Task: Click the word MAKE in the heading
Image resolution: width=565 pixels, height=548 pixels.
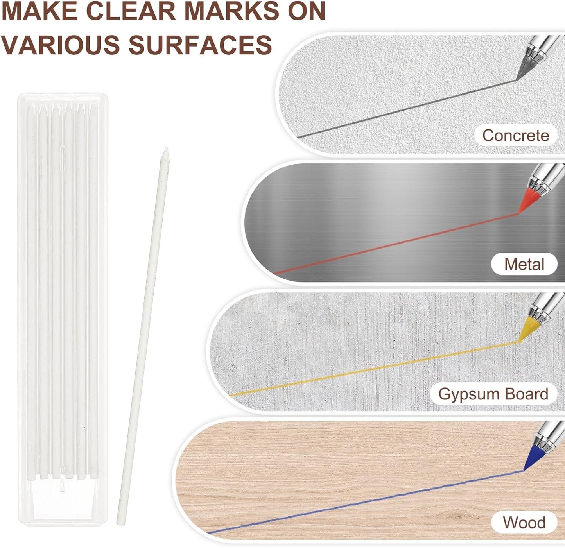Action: point(40,11)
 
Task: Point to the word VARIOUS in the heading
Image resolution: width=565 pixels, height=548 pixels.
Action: point(61,44)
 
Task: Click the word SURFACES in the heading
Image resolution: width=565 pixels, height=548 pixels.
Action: point(200,44)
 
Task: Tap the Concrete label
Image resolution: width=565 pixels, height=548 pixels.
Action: point(516,135)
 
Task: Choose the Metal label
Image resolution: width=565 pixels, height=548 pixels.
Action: point(524,264)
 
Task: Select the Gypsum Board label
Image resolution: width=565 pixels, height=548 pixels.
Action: point(493,394)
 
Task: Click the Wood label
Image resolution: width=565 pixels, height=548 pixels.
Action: point(524,523)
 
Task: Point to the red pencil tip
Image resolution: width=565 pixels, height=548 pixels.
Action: point(519,213)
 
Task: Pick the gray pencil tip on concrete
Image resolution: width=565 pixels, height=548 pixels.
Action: point(517,79)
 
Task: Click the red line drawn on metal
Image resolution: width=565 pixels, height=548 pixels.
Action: point(396,243)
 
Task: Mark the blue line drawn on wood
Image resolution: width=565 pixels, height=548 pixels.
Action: point(366,501)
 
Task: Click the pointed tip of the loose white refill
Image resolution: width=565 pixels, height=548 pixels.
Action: point(166,148)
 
